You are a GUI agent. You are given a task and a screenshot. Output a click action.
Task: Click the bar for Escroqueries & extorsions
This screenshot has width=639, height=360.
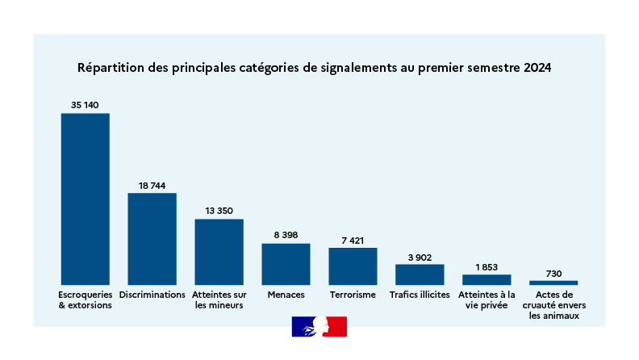coord(86,199)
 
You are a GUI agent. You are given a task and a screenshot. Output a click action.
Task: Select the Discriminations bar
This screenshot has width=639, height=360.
coord(152,238)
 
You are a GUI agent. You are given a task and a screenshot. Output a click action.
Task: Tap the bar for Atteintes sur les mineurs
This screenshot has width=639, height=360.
coord(219,251)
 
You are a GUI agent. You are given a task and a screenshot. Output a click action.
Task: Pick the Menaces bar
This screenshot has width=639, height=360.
coord(286,263)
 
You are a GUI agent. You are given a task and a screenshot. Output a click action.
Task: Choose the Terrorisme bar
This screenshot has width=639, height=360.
coord(353,266)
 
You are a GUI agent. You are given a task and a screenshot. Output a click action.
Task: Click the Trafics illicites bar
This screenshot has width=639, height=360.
coord(420,274)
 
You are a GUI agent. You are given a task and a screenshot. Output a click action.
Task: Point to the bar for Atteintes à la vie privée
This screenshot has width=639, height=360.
coord(487,279)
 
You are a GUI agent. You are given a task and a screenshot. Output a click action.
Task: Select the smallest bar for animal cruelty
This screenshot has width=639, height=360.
coord(553,283)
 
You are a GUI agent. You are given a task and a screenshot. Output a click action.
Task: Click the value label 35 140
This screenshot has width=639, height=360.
coord(85,105)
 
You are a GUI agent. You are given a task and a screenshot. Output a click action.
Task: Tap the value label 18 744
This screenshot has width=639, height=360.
coord(152,186)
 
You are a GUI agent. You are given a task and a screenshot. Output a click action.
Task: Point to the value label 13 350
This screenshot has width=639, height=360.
coord(219,211)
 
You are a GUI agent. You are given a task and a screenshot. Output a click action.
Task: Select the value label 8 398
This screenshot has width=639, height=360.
coord(286,235)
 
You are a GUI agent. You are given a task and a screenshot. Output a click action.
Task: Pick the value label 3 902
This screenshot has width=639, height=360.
coord(420,257)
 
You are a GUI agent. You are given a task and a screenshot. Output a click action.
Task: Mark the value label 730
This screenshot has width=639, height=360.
coord(553,274)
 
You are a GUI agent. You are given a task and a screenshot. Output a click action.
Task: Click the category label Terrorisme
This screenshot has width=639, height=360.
coord(353,295)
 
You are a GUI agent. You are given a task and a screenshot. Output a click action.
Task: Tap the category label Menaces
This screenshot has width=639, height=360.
coord(286,295)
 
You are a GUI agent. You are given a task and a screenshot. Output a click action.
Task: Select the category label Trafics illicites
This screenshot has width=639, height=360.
coord(420,295)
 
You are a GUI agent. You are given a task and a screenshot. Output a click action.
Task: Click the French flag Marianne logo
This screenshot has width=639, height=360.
coord(319,327)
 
